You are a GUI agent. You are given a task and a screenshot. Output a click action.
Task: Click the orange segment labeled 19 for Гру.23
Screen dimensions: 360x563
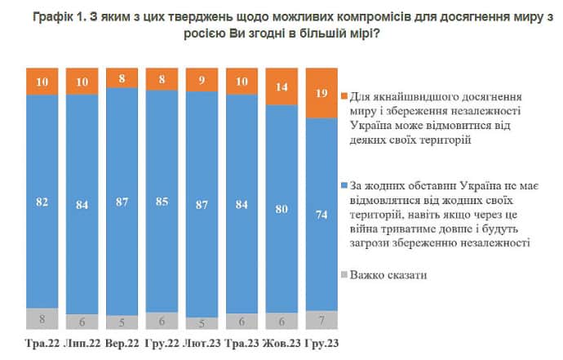click(321, 92)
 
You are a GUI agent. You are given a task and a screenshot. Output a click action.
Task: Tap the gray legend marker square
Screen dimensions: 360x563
click(347, 277)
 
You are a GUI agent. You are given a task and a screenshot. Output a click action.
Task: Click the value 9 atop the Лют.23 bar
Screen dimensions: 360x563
click(202, 80)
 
